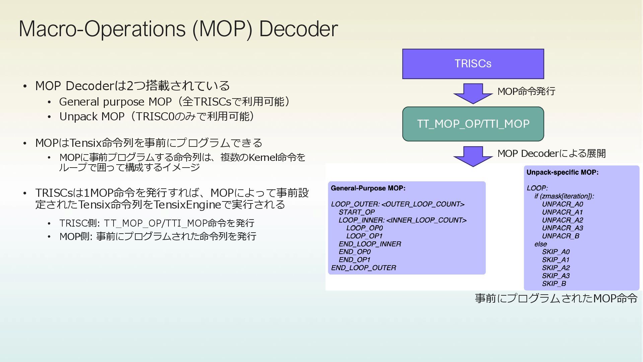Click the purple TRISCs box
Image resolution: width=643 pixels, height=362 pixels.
point(473,64)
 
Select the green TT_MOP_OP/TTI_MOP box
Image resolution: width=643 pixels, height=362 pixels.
point(473,124)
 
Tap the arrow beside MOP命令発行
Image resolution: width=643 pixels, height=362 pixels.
point(473,94)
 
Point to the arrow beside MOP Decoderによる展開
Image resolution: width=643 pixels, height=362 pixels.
point(473,156)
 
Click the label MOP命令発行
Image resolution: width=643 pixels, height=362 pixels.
point(526,91)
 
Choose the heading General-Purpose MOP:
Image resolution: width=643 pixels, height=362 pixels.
point(368,188)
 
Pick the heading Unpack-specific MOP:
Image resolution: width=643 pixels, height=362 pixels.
point(562,172)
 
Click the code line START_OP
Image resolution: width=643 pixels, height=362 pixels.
point(357,212)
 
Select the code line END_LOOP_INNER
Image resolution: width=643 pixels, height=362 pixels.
point(370,244)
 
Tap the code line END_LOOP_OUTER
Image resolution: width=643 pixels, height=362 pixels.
point(363,268)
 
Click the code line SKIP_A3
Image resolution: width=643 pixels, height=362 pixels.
point(556,276)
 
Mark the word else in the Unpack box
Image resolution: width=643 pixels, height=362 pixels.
point(541,244)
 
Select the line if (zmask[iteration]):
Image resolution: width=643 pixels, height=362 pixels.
point(564,196)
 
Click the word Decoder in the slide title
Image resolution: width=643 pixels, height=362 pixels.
point(298,29)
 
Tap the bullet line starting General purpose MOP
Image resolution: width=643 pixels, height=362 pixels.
point(174,102)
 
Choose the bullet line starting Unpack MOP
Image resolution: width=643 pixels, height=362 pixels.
point(157,116)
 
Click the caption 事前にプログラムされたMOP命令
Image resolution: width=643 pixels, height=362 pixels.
point(556,298)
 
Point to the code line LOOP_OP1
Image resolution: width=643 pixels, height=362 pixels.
point(364,236)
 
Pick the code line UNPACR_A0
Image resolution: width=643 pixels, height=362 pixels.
point(562,204)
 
